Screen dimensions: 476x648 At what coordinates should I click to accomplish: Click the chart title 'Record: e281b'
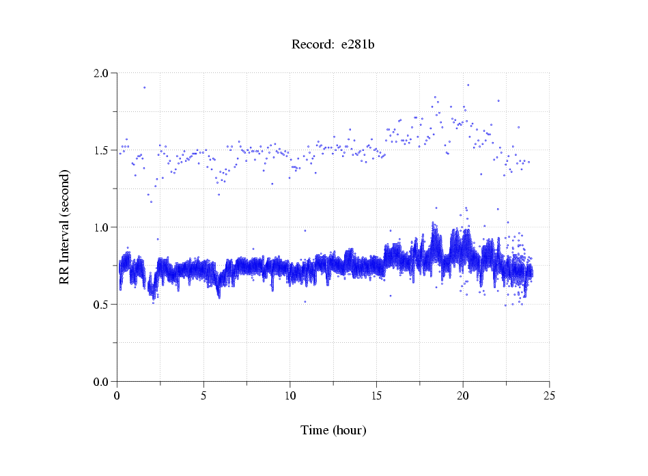(x=333, y=45)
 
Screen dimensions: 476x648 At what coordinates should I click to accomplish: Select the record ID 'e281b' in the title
(x=358, y=45)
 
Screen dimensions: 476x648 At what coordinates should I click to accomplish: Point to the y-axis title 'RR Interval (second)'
(x=64, y=227)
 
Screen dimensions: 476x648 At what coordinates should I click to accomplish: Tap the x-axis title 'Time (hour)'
(x=333, y=430)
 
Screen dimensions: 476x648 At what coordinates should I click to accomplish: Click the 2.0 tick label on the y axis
(x=101, y=72)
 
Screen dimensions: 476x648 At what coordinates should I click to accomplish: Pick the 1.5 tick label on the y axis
(x=101, y=150)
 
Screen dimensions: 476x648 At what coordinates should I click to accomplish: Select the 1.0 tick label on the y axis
(x=101, y=227)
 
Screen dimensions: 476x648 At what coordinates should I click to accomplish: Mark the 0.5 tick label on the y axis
(x=101, y=304)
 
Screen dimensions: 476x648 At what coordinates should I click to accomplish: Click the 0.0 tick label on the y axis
(x=101, y=381)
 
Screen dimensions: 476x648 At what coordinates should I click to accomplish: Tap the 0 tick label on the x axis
(x=117, y=395)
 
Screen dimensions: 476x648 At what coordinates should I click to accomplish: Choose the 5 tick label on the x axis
(x=203, y=395)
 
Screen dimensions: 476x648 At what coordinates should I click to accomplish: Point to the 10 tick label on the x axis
(x=290, y=395)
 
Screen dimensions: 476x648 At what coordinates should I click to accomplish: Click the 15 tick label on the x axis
(x=376, y=395)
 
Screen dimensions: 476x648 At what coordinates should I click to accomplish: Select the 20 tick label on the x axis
(x=463, y=395)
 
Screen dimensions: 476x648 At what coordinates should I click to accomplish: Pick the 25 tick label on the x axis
(x=549, y=395)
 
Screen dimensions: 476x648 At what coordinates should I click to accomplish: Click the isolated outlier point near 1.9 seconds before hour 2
(x=144, y=87)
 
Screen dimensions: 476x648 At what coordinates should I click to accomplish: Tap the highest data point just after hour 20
(x=468, y=85)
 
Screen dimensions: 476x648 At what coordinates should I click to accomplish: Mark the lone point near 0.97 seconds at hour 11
(x=305, y=231)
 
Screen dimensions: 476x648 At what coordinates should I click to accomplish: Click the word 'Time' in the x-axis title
(x=315, y=430)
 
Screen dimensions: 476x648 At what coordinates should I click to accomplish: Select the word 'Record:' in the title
(x=312, y=45)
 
